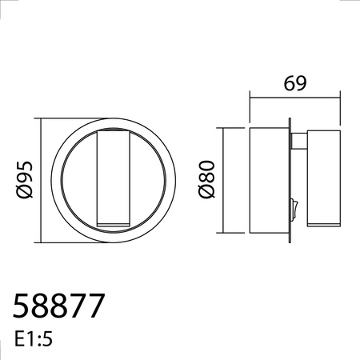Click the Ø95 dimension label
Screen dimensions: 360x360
point(25,180)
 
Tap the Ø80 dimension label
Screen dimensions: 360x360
point(206,179)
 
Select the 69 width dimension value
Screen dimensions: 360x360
point(295,83)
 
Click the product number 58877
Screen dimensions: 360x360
point(58,306)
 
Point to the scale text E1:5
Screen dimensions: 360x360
point(34,339)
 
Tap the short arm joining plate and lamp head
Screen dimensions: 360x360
point(299,141)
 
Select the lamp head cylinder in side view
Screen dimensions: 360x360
point(324,178)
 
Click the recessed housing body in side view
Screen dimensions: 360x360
point(269,181)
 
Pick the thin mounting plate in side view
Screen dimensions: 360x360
point(290,181)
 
